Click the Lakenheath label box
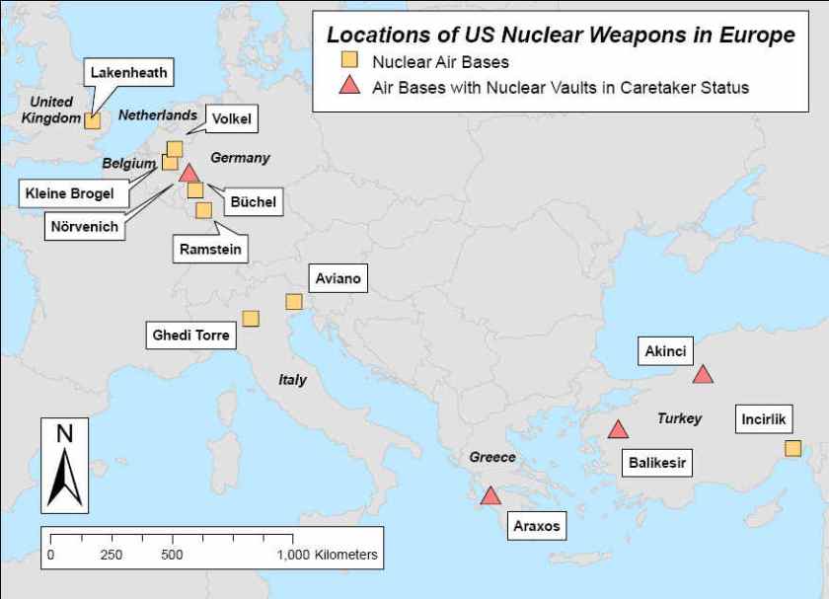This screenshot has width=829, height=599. click(x=128, y=72)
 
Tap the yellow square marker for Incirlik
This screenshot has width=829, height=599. click(x=792, y=448)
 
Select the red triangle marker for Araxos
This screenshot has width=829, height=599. click(x=490, y=495)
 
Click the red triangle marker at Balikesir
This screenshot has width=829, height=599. click(x=618, y=429)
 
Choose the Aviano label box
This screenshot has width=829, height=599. click(x=338, y=278)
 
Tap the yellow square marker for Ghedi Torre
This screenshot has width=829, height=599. click(x=251, y=318)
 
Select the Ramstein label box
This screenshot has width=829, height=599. click(x=209, y=250)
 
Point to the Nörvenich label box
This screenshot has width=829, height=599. click(x=84, y=226)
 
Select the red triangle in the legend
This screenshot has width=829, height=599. click(x=348, y=87)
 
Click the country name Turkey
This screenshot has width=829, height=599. click(x=679, y=418)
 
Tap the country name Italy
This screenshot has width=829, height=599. click(x=292, y=380)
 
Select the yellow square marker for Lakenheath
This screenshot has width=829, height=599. click(x=92, y=120)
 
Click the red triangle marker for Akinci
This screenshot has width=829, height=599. click(x=703, y=374)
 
